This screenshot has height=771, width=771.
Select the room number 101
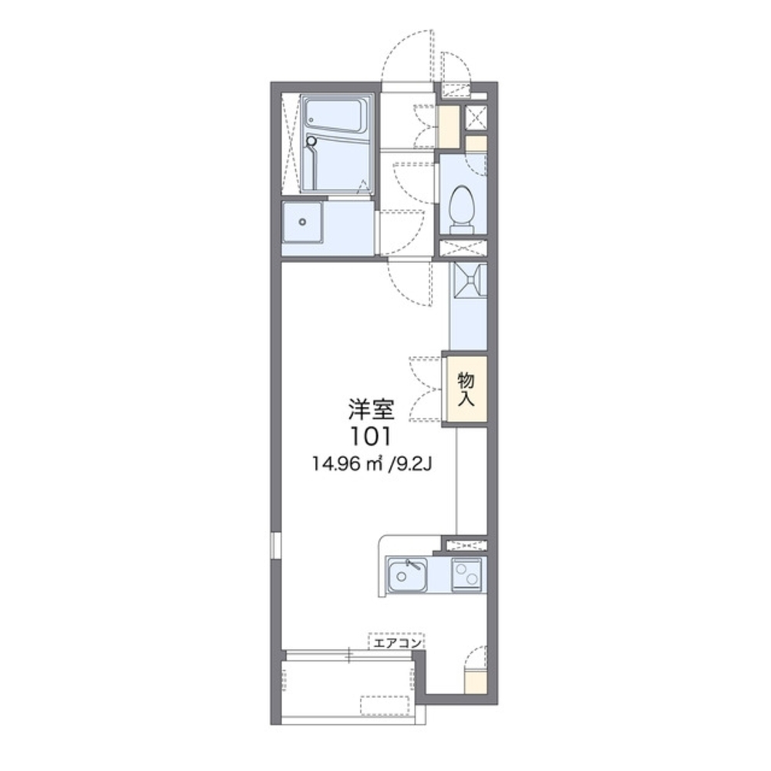point(370,436)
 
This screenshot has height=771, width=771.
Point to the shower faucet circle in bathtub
point(311,141)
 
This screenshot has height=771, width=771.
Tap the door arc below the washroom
point(409,281)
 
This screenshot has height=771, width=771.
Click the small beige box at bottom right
point(475,682)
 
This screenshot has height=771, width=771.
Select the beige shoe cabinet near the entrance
point(448,125)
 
